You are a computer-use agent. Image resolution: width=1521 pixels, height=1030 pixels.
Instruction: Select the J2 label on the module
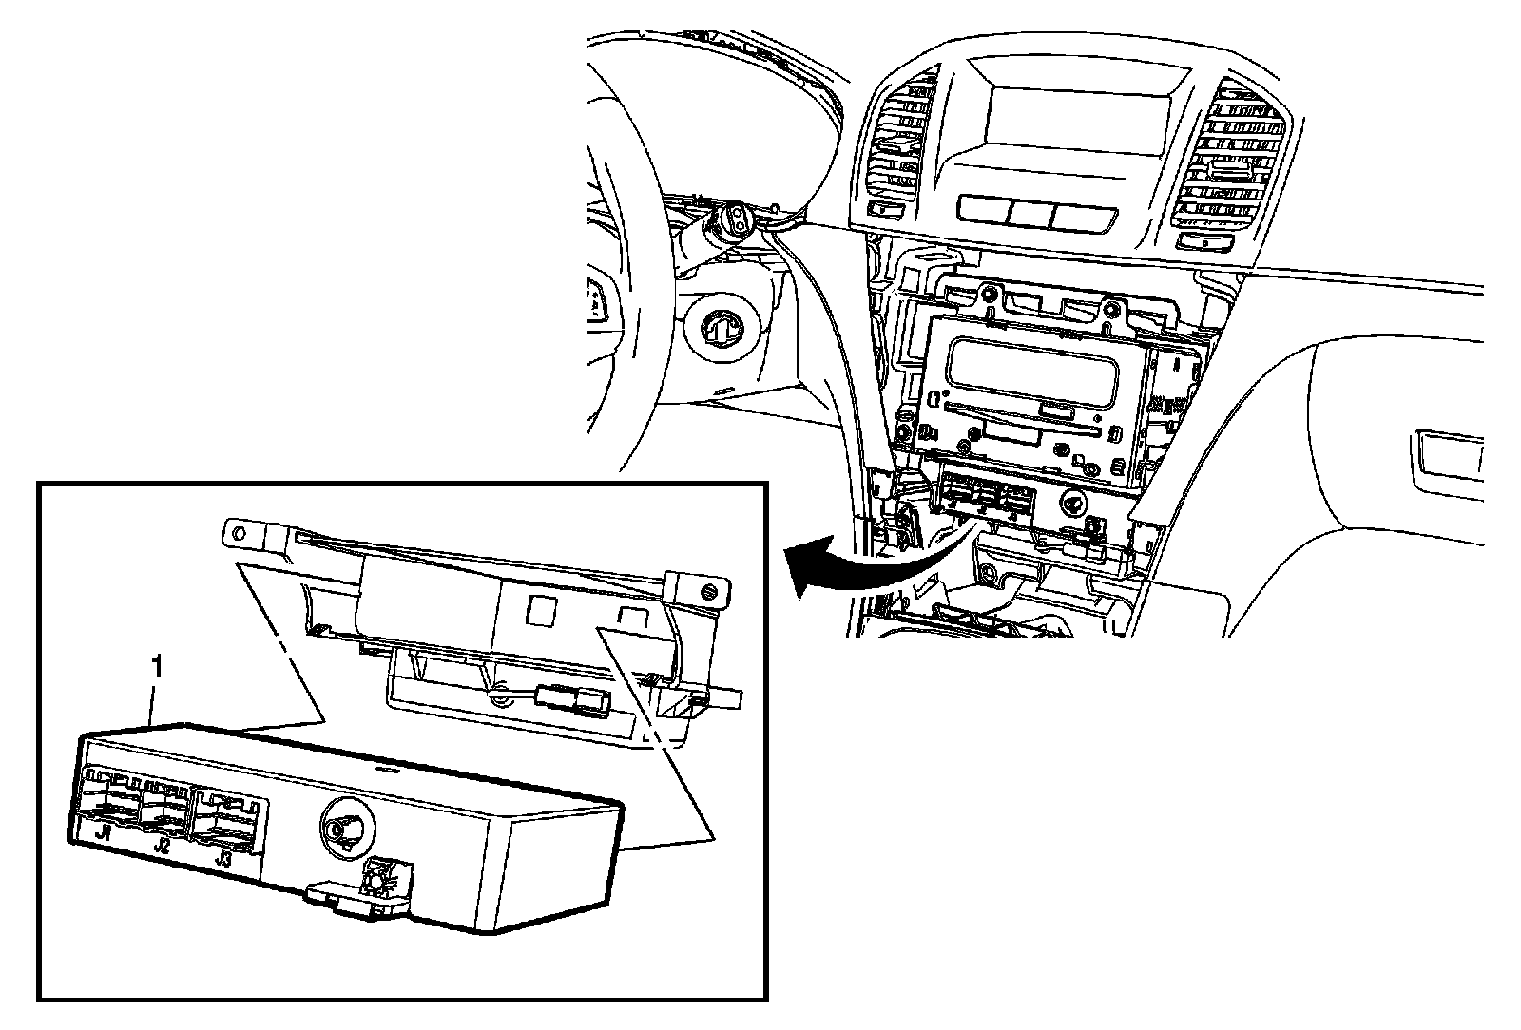163,845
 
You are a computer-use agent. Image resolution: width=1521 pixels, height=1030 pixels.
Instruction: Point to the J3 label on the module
223,858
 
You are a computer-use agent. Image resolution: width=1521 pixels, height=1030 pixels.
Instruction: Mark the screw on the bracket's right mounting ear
711,593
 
